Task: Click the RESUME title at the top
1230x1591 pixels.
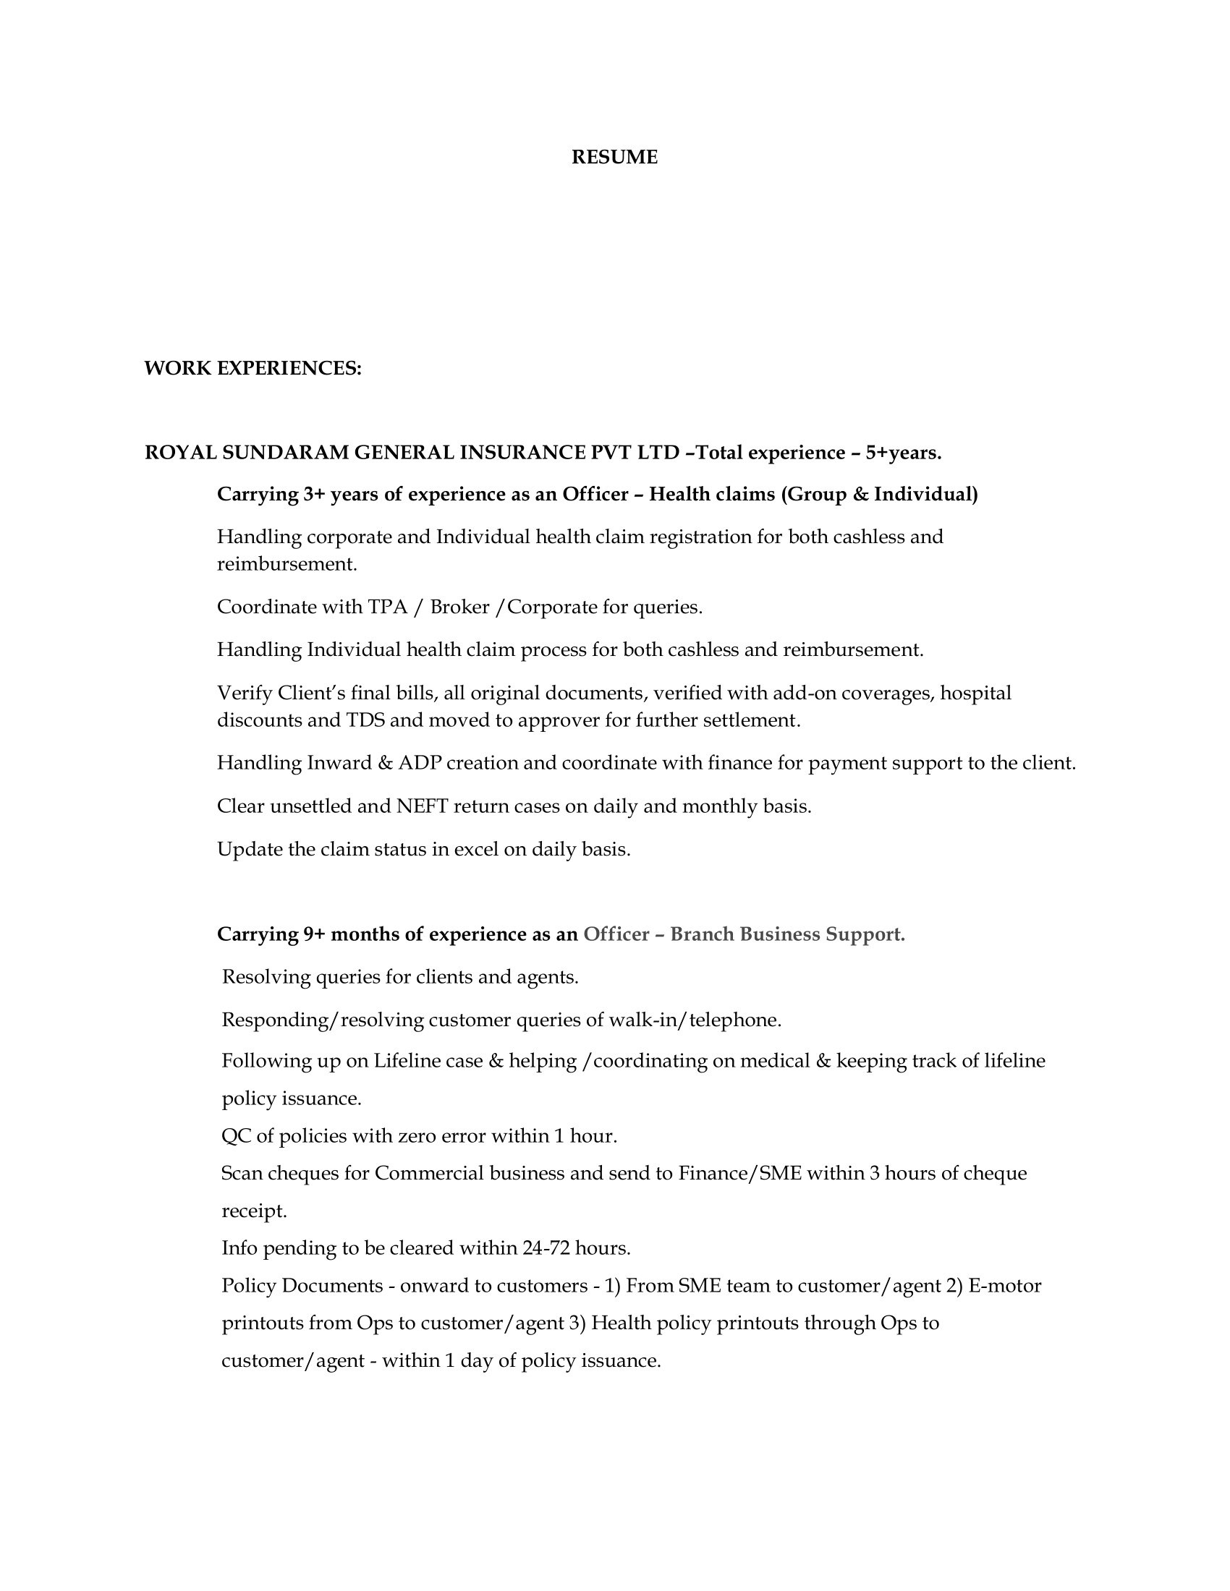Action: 614,158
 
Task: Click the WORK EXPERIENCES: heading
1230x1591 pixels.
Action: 253,369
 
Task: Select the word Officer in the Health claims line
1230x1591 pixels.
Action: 595,495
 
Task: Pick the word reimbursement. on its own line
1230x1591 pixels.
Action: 287,564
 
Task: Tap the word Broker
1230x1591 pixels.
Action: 459,607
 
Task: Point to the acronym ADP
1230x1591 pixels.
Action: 419,764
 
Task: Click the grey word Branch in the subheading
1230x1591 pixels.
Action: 702,934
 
